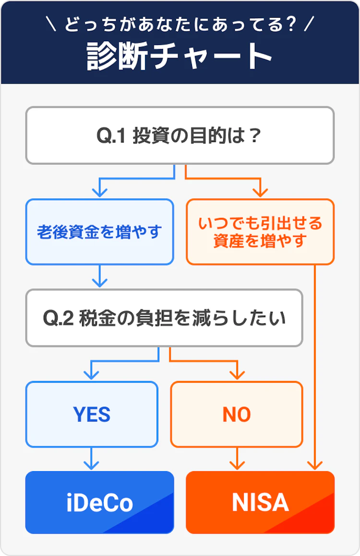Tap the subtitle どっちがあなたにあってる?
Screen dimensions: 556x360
pos(180,24)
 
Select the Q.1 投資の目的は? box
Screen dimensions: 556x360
pos(180,136)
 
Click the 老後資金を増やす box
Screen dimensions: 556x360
pos(99,232)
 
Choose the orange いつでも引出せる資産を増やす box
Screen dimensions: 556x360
pos(260,232)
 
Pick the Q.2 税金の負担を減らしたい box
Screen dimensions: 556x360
pos(164,318)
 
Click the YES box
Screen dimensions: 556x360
pos(92,414)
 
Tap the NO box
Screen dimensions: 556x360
pos(237,414)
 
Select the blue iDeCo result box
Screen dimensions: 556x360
pos(99,502)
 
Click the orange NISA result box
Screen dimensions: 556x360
pos(260,502)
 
